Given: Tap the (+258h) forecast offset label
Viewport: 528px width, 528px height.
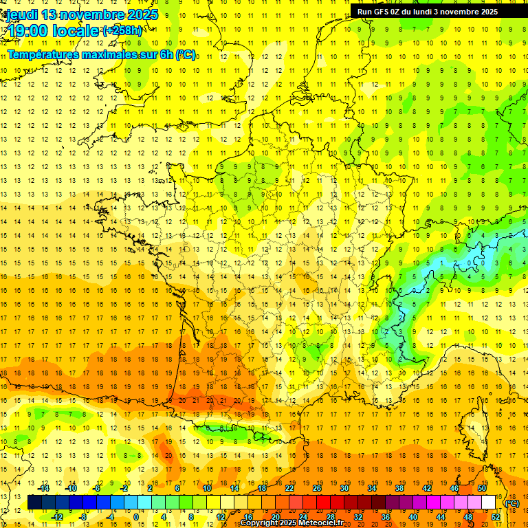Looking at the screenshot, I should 122,31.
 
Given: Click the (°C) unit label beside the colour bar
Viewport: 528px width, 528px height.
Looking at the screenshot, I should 511,503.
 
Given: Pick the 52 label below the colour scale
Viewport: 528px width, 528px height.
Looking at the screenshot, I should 496,516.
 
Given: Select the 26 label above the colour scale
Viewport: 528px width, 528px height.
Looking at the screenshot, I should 317,488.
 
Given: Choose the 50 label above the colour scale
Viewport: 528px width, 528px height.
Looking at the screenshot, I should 482,488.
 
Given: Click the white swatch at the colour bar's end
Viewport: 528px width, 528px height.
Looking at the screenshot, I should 489,503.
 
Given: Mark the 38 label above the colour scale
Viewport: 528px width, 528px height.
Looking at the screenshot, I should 399,488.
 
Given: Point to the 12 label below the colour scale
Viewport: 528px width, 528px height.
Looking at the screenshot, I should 221,516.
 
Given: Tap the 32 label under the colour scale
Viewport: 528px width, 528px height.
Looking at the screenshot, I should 358,516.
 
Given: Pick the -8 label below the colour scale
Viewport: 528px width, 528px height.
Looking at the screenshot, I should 83,516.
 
